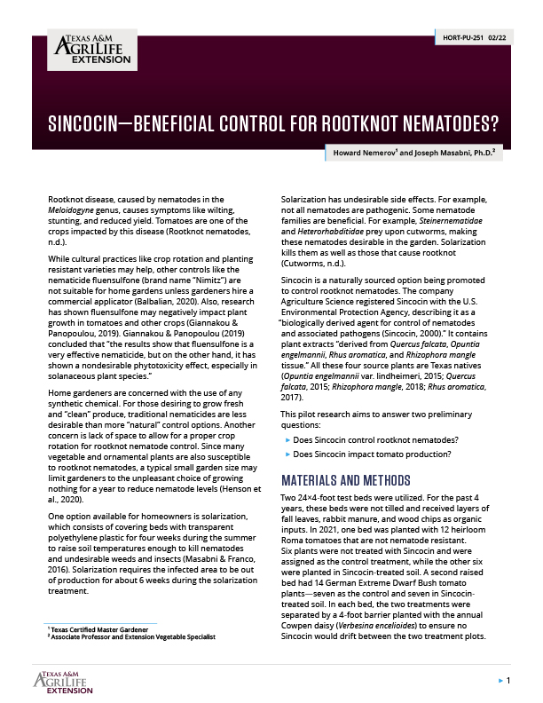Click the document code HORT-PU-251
[462, 38]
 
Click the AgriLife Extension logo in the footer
[67, 682]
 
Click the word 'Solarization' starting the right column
[303, 200]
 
